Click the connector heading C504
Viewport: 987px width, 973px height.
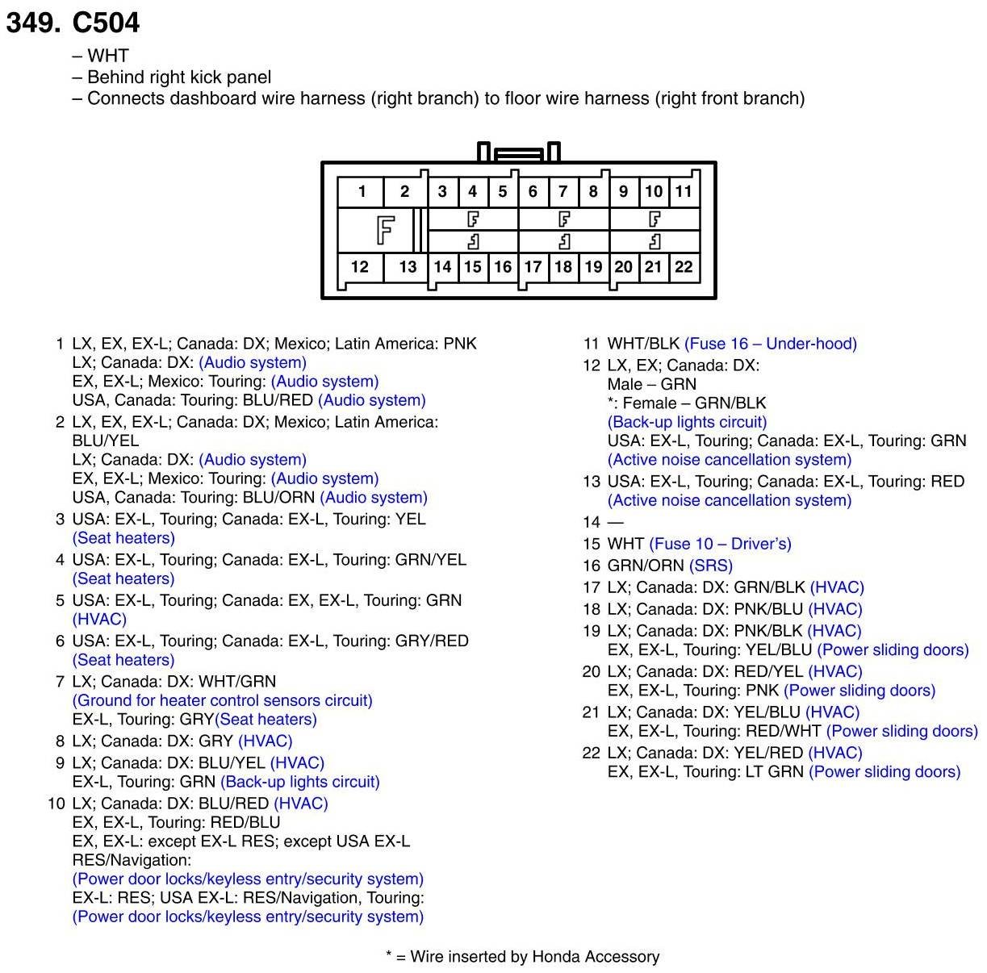[106, 23]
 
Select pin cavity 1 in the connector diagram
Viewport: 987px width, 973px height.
[362, 191]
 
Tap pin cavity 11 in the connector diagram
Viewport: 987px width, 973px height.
[684, 191]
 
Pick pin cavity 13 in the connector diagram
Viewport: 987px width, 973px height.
[408, 267]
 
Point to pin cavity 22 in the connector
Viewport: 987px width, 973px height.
[684, 267]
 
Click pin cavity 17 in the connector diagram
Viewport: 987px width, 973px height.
[533, 267]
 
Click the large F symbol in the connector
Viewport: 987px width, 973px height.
[385, 230]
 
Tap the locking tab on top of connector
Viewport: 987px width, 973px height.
[519, 153]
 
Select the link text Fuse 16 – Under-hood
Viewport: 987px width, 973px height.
[771, 344]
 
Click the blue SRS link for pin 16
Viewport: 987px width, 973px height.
[711, 566]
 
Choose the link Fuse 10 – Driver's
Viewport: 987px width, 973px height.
[720, 544]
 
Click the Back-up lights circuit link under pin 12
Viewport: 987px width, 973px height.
[687, 422]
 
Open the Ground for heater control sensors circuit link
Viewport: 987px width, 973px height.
[223, 700]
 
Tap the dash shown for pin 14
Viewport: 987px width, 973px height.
[615, 522]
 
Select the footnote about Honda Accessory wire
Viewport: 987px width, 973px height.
[522, 957]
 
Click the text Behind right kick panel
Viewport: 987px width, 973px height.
[179, 77]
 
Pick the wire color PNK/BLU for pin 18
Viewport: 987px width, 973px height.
[772, 609]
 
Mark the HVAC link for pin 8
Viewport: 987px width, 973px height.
[266, 741]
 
